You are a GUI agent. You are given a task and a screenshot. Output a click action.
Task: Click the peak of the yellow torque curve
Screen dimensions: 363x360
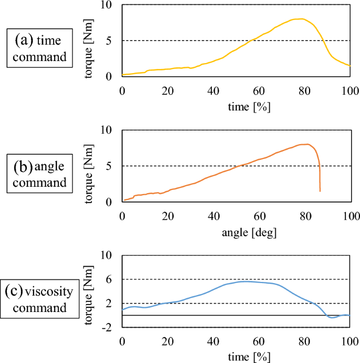click(302, 19)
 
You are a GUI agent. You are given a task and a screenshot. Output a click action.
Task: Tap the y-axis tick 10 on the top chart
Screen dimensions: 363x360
click(109, 5)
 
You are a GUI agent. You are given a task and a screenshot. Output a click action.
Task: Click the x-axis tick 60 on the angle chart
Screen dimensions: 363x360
click(259, 215)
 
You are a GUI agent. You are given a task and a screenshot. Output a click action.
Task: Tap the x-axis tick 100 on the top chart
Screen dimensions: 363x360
click(349, 90)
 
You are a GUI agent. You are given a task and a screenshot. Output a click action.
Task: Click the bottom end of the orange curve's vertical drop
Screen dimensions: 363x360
click(320, 191)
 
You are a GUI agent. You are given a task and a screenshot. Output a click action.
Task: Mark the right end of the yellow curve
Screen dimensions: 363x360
click(349, 65)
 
